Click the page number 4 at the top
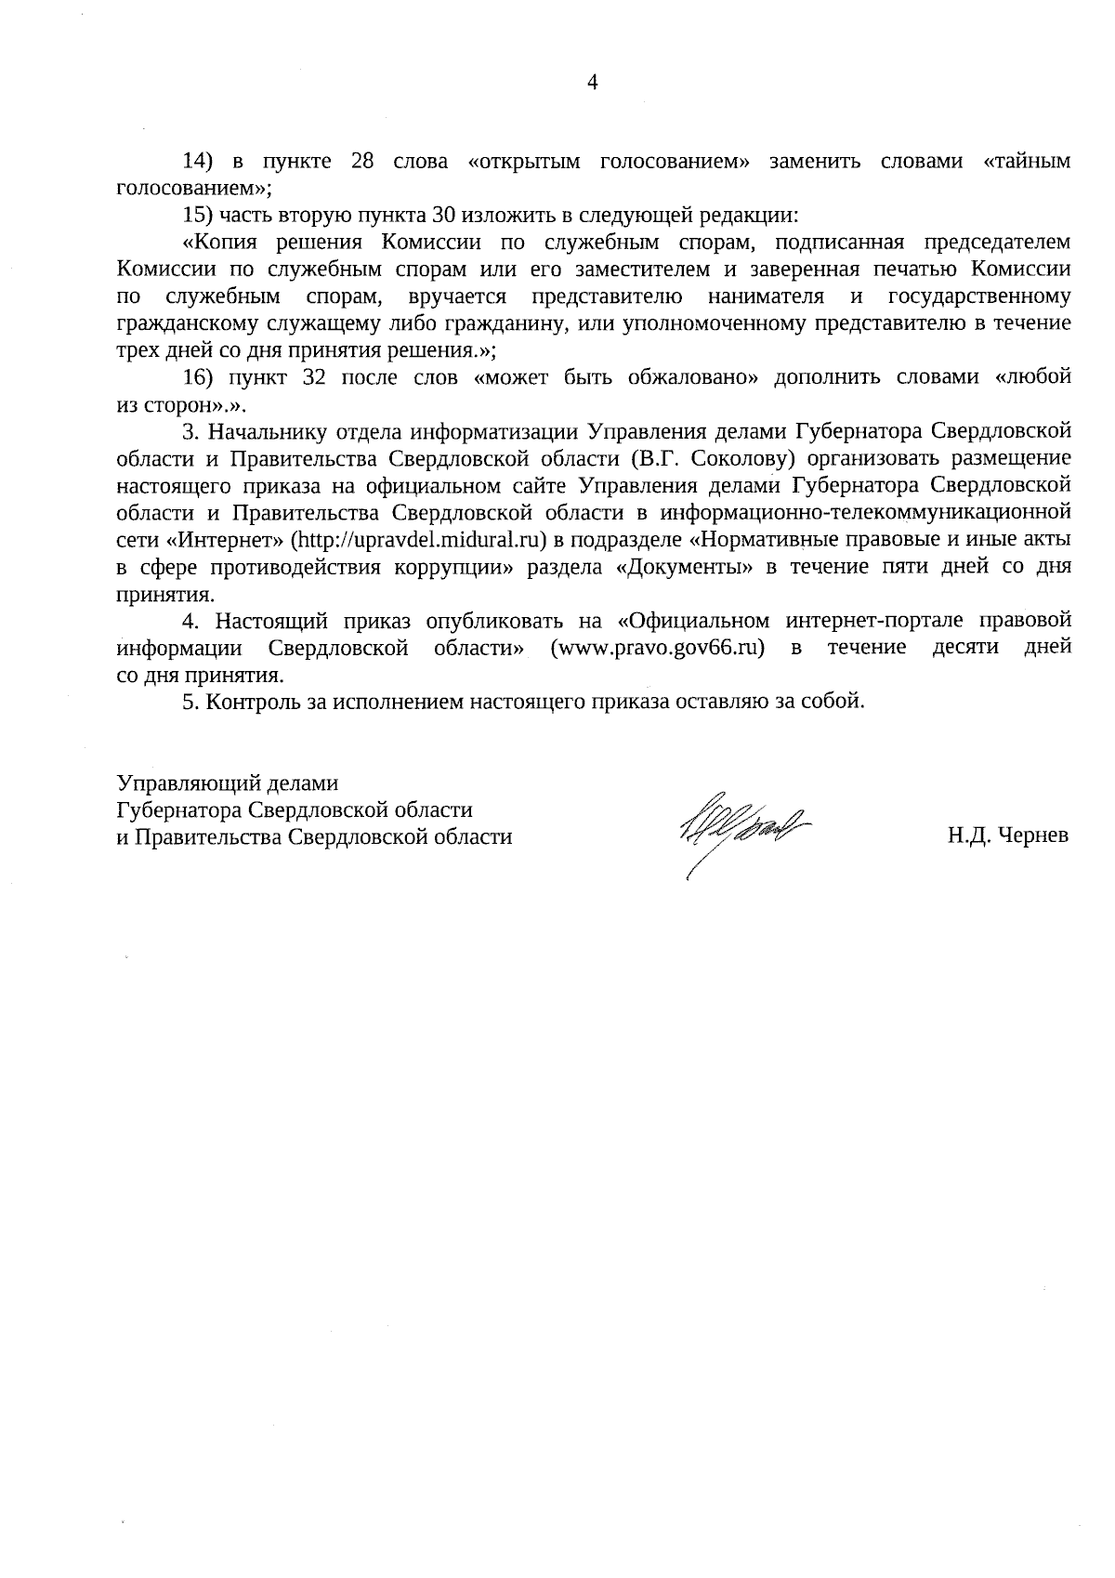click(x=593, y=83)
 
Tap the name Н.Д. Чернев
click(x=1007, y=836)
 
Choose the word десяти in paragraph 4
click(x=964, y=648)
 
